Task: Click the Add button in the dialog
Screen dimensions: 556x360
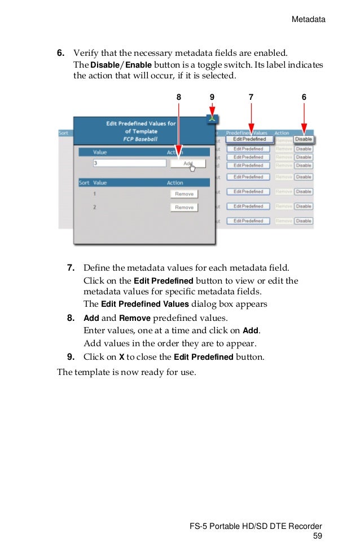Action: point(188,163)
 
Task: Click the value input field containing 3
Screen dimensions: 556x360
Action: point(130,163)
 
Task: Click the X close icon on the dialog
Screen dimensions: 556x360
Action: point(212,118)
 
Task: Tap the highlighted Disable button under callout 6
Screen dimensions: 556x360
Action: point(304,139)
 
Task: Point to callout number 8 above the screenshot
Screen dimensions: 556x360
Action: point(179,98)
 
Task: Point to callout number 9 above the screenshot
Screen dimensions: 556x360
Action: point(212,98)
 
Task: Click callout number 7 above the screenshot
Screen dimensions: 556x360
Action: point(251,98)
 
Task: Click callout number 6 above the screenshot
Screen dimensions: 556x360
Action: point(304,98)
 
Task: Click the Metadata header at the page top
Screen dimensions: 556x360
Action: point(308,19)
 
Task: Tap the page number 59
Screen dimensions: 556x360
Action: point(318,536)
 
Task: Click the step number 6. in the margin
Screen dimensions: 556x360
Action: point(60,53)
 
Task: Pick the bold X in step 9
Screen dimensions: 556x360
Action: point(121,357)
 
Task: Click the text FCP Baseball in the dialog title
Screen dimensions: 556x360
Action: point(141,139)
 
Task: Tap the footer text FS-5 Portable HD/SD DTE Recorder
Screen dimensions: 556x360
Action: point(257,527)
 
